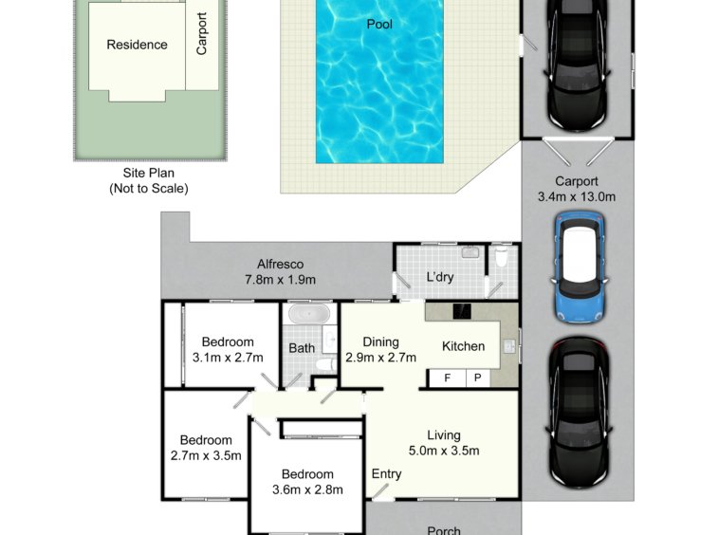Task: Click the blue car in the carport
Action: (580, 267)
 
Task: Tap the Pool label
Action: (379, 24)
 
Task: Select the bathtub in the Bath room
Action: (309, 314)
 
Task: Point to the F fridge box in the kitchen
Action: (447, 378)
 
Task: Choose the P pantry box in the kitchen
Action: (478, 378)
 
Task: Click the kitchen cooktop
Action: (462, 311)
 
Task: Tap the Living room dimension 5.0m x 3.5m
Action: (444, 451)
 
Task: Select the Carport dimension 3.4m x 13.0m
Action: (577, 196)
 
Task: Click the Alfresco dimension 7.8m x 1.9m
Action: (280, 280)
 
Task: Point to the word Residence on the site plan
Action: (137, 45)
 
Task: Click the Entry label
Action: (386, 474)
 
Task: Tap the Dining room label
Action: (380, 342)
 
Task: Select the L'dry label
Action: (440, 277)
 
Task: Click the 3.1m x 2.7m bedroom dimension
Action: (228, 358)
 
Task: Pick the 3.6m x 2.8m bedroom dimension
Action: (307, 489)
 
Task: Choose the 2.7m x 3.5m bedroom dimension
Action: (206, 455)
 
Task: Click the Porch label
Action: (443, 530)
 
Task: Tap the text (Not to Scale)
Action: (149, 189)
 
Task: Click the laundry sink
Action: (470, 251)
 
